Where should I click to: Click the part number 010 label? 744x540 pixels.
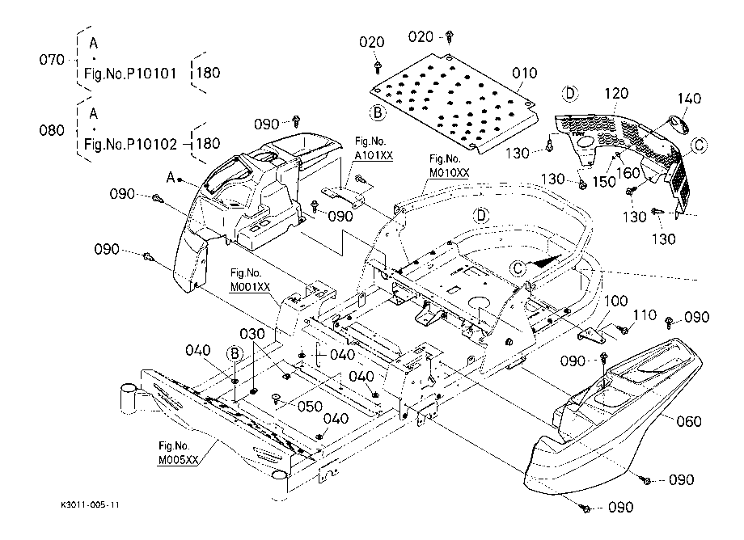524,73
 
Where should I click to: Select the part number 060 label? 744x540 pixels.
688,421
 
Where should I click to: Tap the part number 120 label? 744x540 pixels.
616,94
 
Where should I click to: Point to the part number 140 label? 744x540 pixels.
689,99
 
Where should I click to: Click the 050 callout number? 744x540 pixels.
310,407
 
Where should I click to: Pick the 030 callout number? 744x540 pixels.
252,334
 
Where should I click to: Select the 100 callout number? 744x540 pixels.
615,301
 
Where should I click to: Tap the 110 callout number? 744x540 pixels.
645,315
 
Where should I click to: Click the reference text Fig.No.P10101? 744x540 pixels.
130,74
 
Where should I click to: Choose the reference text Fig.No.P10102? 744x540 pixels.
130,144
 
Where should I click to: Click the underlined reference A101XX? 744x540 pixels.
374,155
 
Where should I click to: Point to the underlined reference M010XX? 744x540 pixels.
449,173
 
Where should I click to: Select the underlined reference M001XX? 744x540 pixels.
250,287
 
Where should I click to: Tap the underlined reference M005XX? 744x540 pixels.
178,460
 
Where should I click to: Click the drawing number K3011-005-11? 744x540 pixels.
90,505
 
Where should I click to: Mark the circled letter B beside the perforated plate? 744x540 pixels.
378,113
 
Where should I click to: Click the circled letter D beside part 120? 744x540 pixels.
570,94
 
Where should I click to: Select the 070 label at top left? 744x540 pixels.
52,60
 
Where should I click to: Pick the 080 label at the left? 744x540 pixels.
52,130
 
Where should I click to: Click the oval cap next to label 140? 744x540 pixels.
678,125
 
